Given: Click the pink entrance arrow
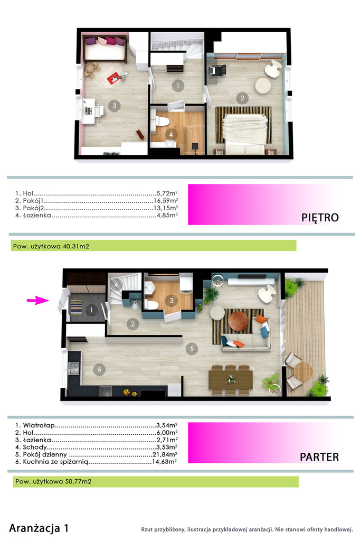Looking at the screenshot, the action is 38,301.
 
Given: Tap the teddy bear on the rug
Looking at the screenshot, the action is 92,70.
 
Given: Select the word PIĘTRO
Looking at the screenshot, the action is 320,218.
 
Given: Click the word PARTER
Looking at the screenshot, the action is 319,457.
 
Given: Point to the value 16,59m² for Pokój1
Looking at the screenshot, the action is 166,200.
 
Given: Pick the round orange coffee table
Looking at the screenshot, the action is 238,321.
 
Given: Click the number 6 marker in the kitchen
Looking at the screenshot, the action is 99,370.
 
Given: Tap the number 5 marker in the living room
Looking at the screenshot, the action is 192,349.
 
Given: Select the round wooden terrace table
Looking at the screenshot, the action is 303,371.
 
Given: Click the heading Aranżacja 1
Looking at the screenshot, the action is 39,528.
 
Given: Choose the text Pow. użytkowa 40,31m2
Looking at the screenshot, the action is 51,246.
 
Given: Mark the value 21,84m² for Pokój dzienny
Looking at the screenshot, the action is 165,454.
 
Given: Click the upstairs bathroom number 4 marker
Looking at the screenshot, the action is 171,134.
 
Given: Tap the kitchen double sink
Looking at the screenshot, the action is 74,368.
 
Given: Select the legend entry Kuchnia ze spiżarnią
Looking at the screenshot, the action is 56,462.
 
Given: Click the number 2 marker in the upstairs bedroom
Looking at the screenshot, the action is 242,98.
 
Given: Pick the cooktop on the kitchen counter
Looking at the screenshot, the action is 106,391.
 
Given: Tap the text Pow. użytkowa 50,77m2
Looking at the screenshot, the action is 53,481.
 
